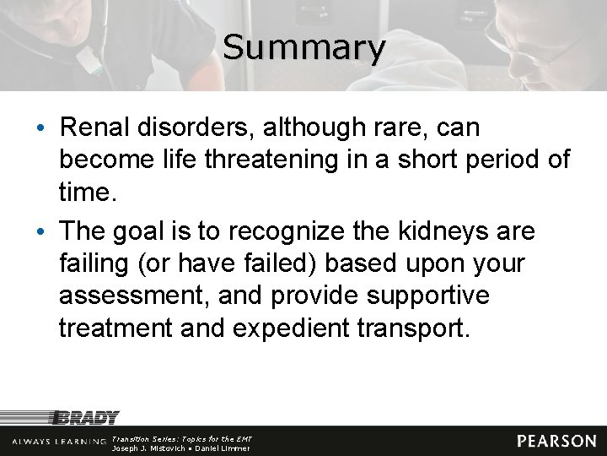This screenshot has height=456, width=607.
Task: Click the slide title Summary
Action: (303, 47)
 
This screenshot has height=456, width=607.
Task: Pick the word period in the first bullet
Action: (497, 159)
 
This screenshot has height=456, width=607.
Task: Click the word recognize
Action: (275, 231)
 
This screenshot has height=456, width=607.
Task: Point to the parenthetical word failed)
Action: (275, 263)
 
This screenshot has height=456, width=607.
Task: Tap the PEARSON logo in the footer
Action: (556, 441)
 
